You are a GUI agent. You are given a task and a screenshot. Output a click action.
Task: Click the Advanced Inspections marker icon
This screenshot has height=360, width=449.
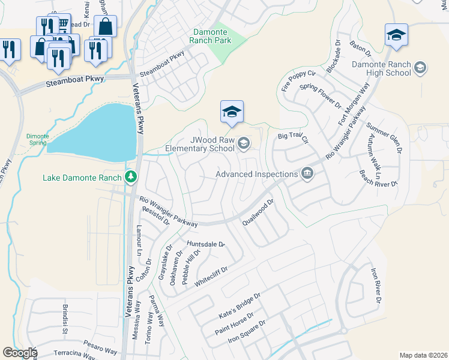point(307,173)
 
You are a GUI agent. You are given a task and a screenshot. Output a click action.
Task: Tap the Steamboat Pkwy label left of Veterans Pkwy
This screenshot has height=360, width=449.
point(75,80)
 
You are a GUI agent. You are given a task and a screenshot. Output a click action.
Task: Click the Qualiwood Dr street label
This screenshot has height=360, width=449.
point(258,213)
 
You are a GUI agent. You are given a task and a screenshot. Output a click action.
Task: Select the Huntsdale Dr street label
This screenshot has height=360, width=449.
point(205,244)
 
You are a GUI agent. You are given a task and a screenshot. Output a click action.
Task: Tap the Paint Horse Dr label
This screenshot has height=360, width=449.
point(235,323)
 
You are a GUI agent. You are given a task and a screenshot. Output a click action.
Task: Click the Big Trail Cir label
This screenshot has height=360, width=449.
point(292,138)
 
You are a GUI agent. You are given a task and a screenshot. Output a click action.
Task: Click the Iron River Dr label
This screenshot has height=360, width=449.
point(375,286)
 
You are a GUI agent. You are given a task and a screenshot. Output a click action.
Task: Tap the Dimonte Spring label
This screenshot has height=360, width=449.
point(37,139)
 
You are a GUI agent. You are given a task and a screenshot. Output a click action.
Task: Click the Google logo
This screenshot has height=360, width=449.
point(20,353)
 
